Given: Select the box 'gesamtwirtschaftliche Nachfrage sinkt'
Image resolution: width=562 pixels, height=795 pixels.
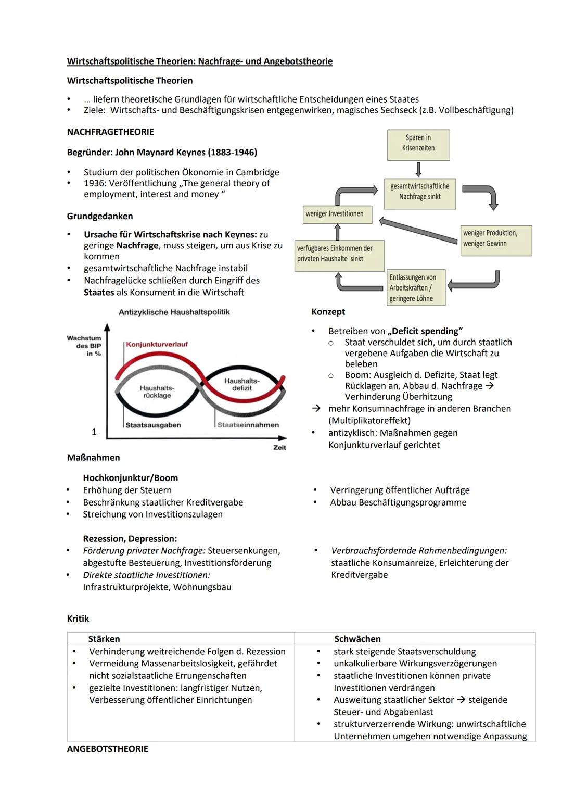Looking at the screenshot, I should (419, 192).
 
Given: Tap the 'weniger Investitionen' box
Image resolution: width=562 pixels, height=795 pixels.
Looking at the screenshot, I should (337, 214).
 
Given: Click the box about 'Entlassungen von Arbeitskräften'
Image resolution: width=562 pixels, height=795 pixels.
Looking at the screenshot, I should (416, 288).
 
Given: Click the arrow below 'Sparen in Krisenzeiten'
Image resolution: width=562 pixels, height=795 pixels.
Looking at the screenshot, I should (418, 169).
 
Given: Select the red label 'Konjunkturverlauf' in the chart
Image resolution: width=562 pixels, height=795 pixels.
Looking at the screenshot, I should (157, 344).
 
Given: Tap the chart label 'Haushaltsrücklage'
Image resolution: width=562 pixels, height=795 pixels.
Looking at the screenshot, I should (157, 392).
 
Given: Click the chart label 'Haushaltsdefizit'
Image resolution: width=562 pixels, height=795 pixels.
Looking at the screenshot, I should (241, 385).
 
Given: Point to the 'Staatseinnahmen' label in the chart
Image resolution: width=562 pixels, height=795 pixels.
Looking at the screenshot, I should (248, 425).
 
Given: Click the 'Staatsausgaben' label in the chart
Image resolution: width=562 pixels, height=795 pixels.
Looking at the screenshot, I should (154, 425).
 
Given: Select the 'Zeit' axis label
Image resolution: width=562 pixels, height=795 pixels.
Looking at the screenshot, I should (279, 448).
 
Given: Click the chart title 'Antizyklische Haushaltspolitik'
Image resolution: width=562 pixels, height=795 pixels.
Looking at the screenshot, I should (174, 312).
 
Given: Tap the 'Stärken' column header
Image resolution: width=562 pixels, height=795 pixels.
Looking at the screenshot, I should (104, 639).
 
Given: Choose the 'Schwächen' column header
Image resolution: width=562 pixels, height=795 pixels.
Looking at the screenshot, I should (357, 639).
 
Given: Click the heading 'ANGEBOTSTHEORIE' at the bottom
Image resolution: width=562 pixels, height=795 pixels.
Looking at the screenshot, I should (108, 749).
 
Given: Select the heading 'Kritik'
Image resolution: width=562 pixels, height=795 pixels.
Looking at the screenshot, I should (78, 619).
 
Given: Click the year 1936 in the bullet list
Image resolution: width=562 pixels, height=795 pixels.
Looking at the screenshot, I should (94, 183).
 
